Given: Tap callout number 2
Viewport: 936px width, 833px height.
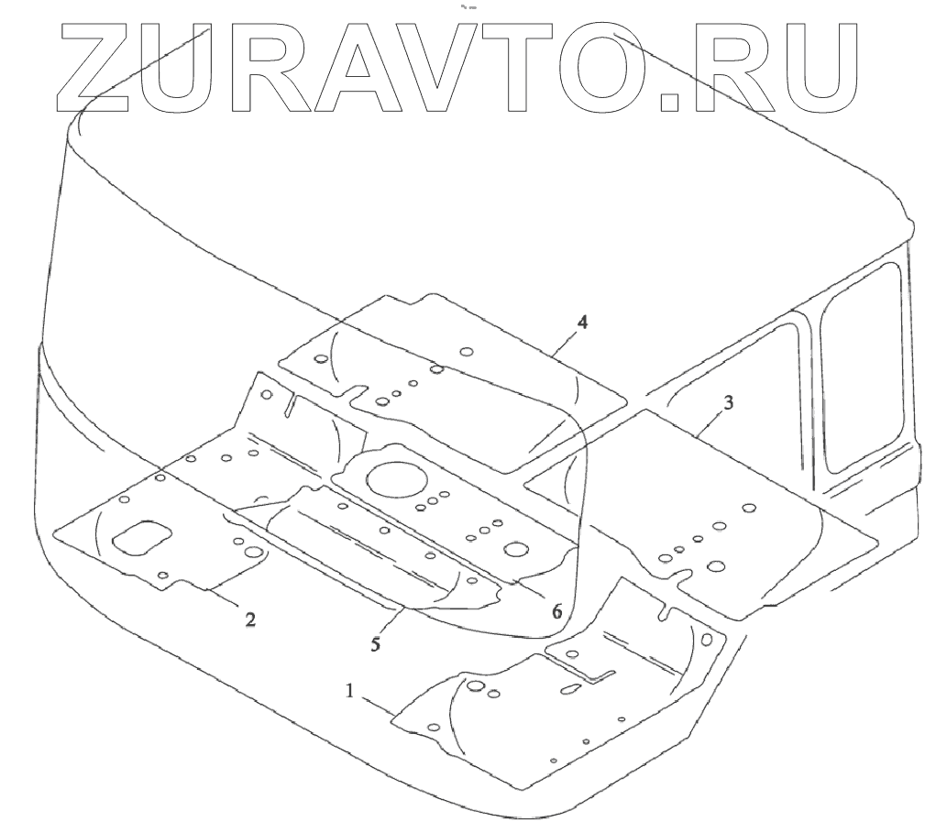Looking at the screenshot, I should (249, 619).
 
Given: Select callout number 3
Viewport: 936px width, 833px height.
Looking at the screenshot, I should (727, 402).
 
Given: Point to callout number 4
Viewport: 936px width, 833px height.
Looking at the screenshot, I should (582, 322).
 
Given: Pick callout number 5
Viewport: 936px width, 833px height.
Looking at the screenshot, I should (375, 643).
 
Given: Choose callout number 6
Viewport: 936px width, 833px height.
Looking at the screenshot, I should (556, 610).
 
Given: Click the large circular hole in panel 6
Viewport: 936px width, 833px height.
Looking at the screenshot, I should (395, 478).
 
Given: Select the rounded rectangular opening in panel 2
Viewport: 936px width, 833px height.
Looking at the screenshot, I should (142, 539).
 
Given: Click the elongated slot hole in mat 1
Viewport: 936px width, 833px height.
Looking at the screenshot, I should (570, 688).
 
